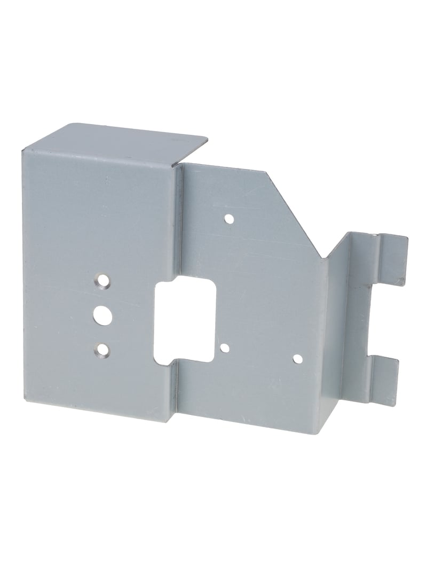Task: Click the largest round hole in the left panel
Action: [100, 313]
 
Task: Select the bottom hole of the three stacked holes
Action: [100, 350]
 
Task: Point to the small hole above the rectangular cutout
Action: [229, 218]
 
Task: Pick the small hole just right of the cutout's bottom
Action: [225, 349]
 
